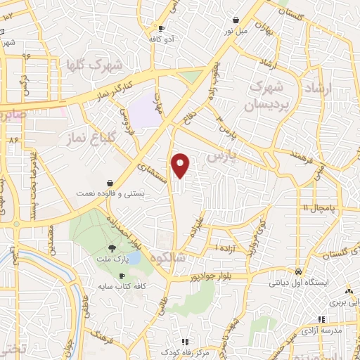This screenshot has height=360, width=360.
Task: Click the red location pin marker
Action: pos(181,165)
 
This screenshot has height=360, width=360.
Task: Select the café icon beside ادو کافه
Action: pos(161,28)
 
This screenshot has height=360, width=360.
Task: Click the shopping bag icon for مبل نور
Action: pos(235,20)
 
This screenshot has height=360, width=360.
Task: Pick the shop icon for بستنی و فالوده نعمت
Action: pos(110,182)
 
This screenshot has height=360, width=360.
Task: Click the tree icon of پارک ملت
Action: pos(112,248)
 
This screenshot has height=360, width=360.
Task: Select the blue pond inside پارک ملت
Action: pos(133,258)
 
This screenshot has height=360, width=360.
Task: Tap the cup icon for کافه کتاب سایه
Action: pos(122,276)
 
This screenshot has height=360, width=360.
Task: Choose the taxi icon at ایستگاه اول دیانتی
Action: pos(299,271)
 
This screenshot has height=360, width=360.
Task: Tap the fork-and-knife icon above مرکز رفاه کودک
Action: pos(185,342)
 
